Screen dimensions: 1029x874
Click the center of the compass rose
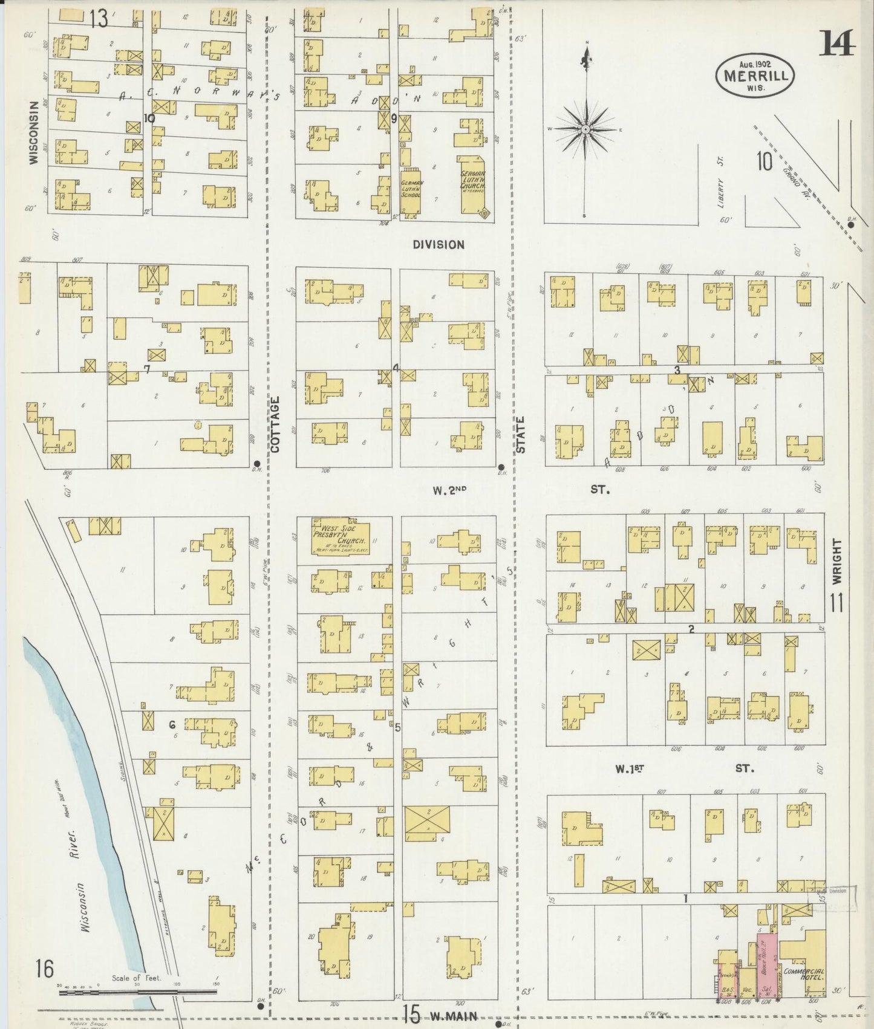585,129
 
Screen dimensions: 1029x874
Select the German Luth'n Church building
472,184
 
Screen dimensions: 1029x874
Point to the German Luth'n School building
411,192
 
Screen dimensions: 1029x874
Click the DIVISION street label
439,245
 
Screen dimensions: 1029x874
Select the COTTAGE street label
275,424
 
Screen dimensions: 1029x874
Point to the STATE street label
521,434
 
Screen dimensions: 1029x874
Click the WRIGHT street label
836,561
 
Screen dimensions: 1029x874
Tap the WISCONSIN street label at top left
34,132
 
